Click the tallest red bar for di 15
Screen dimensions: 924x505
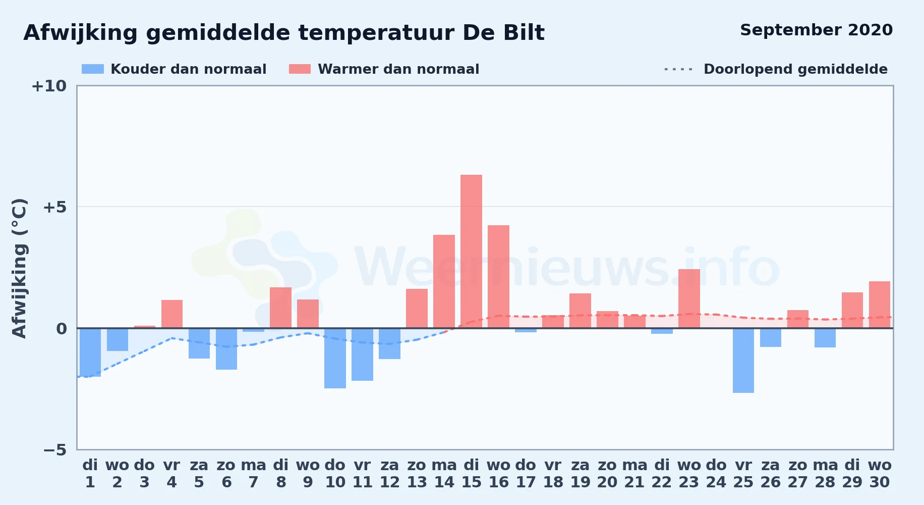471,251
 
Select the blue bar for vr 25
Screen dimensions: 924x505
743,361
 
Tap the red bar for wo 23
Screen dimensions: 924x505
689,298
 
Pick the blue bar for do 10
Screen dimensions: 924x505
335,358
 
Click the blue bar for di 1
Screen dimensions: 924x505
90,352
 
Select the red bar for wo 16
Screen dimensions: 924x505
498,277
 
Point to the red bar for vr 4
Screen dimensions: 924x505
172,314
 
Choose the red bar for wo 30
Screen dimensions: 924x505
880,305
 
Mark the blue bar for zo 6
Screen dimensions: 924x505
226,349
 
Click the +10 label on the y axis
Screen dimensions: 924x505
49,86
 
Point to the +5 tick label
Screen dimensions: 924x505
54,207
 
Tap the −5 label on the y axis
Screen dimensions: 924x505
54,449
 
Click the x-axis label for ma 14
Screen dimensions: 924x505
444,474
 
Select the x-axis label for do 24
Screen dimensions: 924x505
716,474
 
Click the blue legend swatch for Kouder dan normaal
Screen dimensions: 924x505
93,69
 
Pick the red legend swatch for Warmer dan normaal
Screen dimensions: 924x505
300,69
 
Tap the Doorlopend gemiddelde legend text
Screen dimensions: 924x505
795,69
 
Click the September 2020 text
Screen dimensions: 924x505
816,30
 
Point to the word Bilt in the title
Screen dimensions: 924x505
524,33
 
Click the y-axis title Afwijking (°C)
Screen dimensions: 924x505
19,268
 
